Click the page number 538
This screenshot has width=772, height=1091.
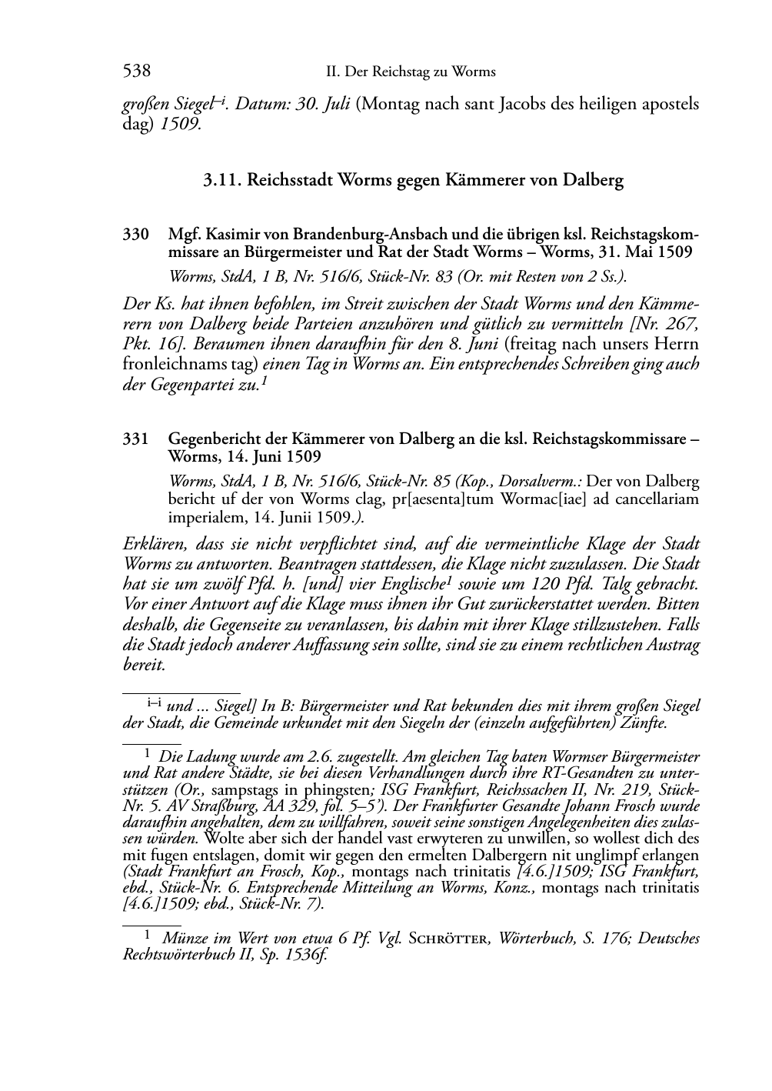pos(136,72)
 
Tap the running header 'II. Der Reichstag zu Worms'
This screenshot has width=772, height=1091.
pos(411,72)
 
